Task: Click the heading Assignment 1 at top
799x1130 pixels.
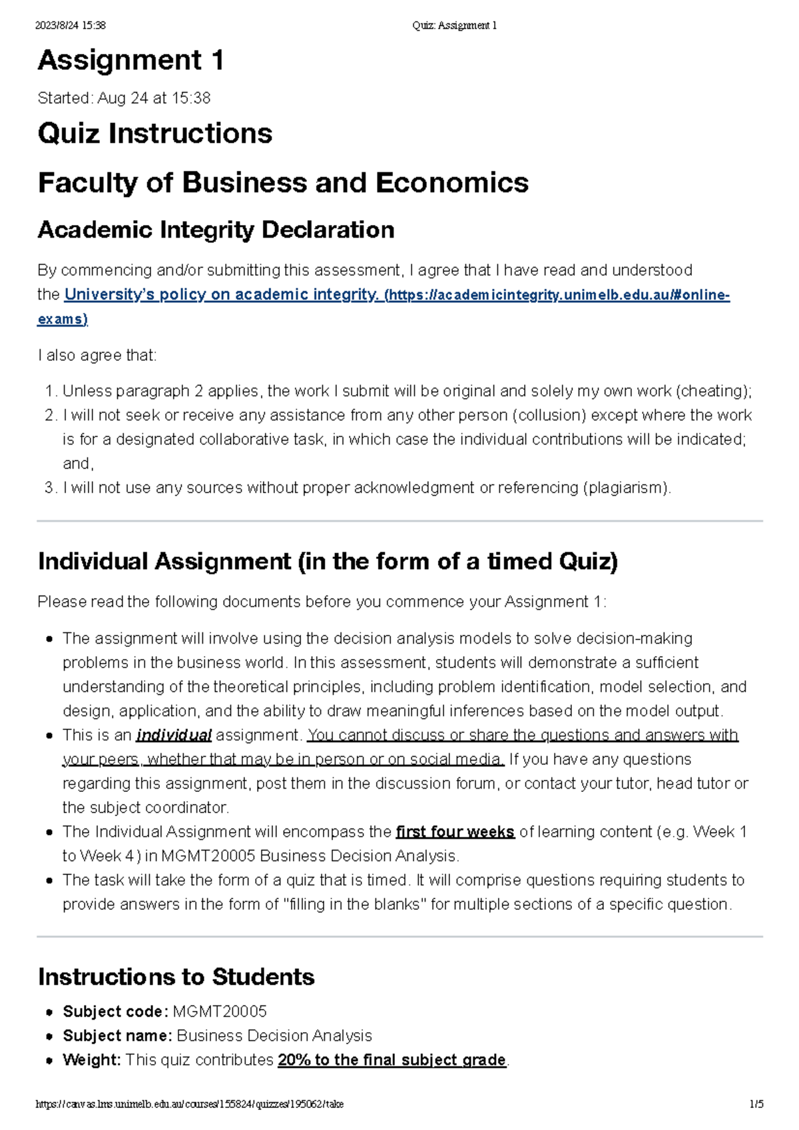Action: click(x=131, y=61)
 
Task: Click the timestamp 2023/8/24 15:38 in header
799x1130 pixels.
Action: click(x=70, y=25)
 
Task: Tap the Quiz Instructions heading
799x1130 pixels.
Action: click(x=154, y=133)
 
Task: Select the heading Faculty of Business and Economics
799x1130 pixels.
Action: click(x=283, y=182)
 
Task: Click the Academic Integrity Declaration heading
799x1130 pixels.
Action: click(x=216, y=230)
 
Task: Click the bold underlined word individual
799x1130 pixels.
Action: click(x=173, y=735)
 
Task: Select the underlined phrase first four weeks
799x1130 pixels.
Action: click(x=455, y=832)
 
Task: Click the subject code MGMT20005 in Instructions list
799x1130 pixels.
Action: click(x=219, y=1012)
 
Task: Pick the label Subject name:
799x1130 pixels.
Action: click(x=117, y=1036)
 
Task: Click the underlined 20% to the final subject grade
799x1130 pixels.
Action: click(x=392, y=1059)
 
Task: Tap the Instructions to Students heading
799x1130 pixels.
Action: click(x=176, y=976)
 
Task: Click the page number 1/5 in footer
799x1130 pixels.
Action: click(x=756, y=1104)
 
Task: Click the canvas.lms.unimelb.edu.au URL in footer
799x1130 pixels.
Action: click(x=190, y=1104)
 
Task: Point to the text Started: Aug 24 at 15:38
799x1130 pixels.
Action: click(x=124, y=98)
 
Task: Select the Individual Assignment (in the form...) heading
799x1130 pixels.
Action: click(x=328, y=561)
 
